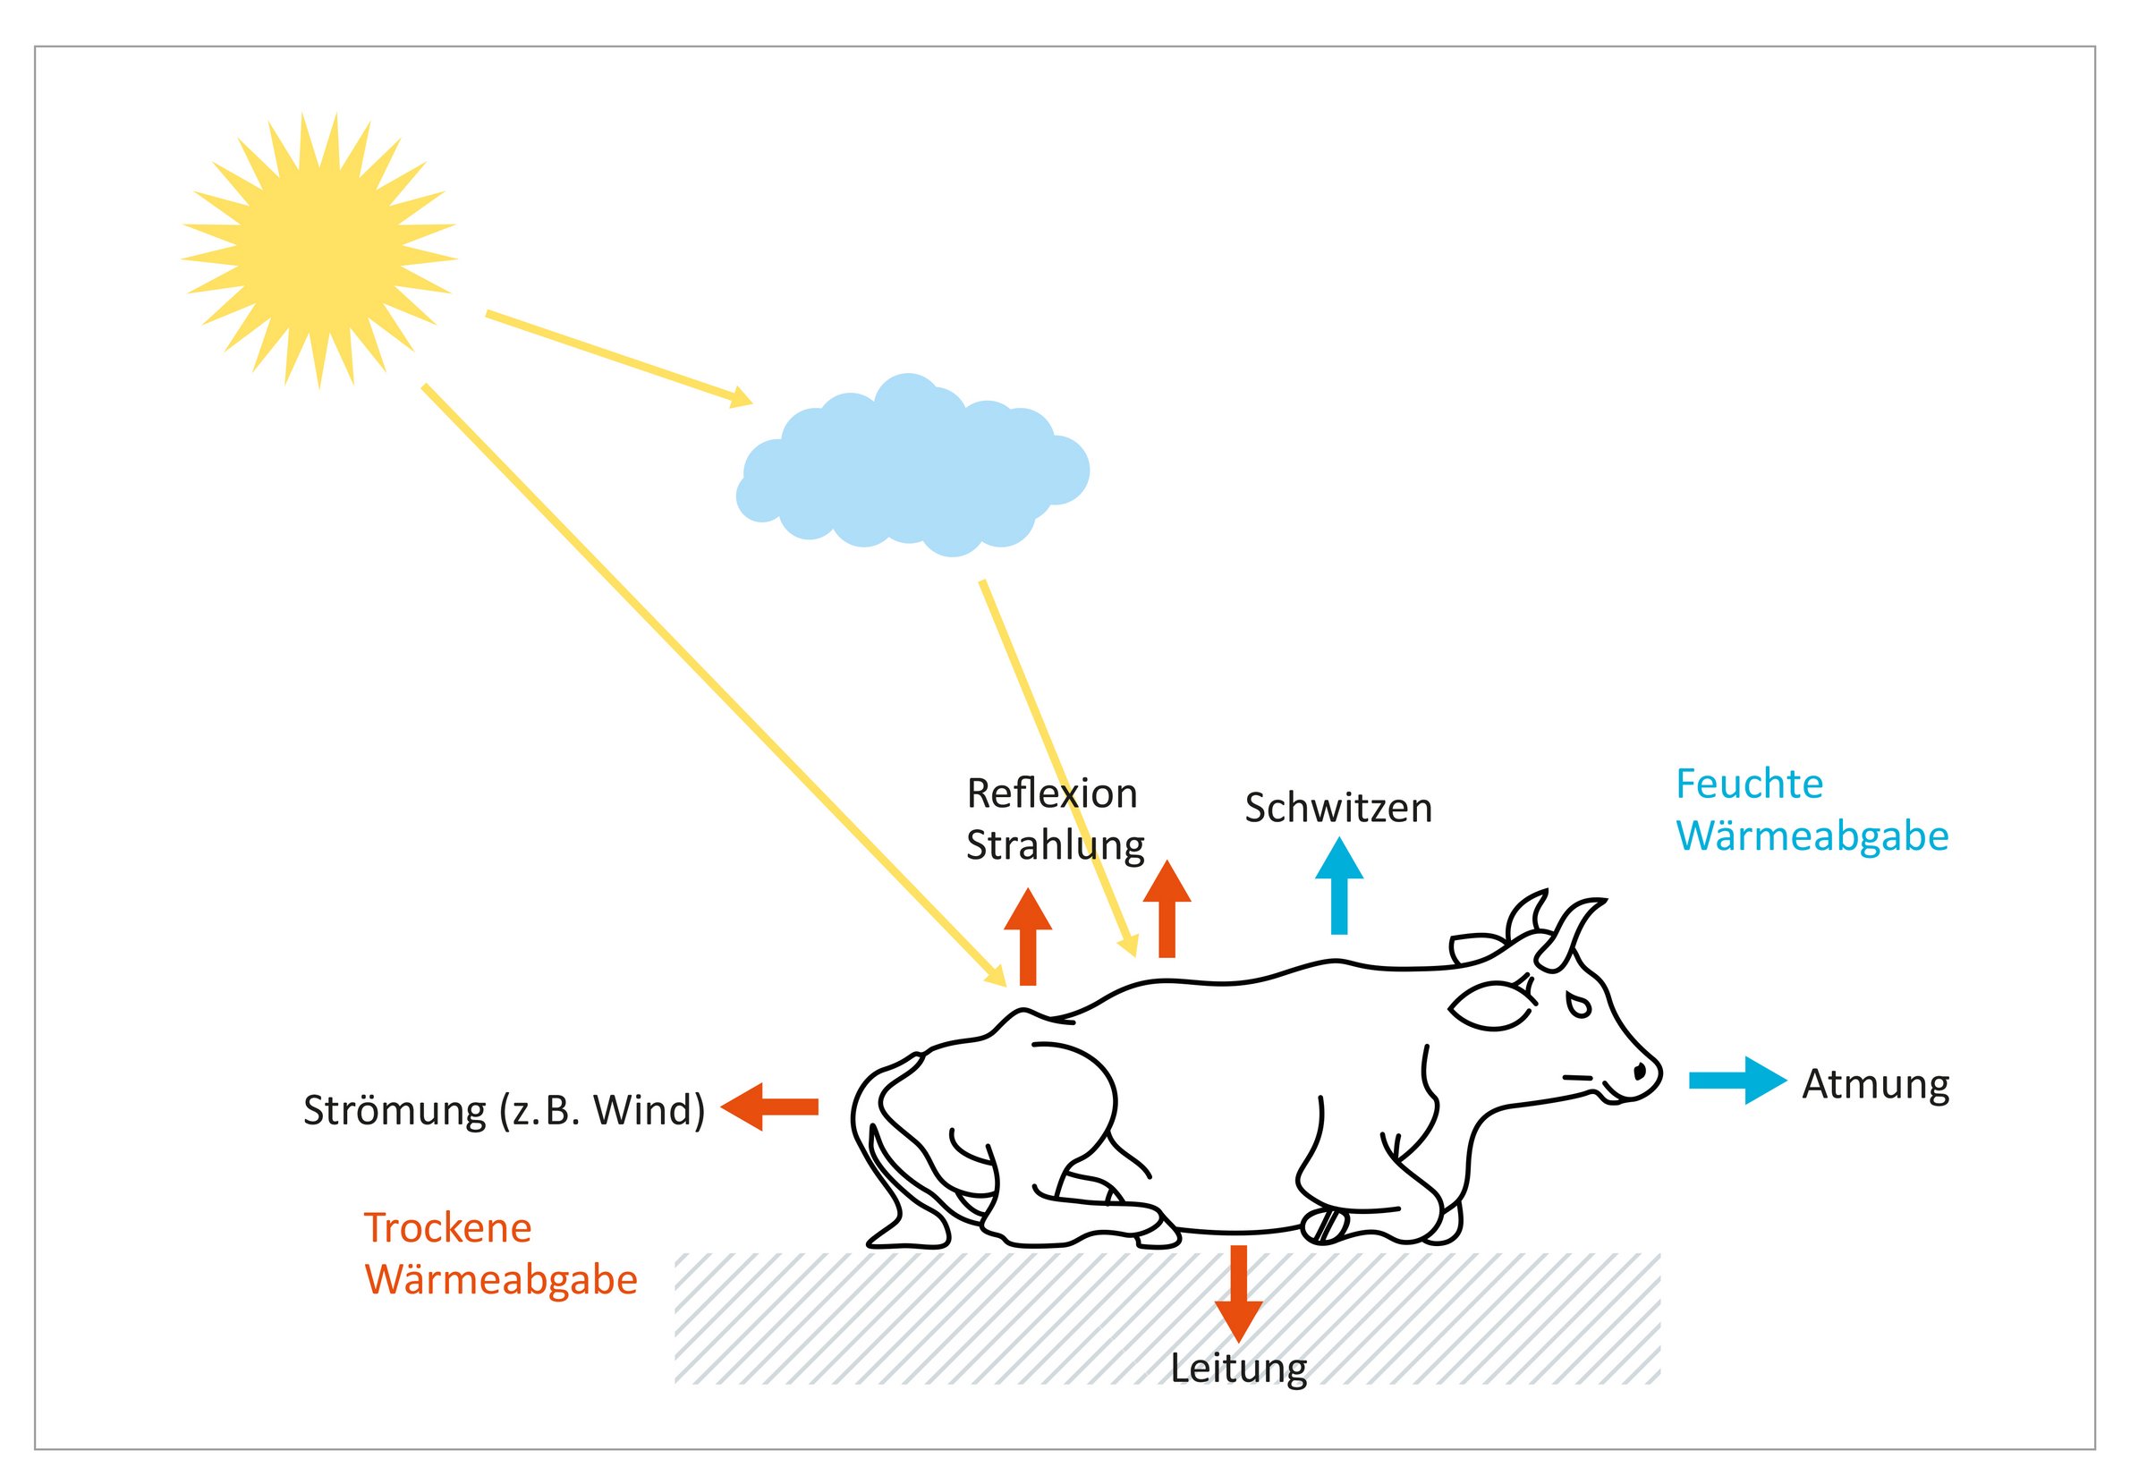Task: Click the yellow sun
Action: coord(319,250)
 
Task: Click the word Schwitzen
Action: coord(1337,808)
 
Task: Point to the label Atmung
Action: coord(1874,1085)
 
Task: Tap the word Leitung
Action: coord(1237,1369)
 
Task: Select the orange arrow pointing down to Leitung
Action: coord(1237,1293)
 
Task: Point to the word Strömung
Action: coord(395,1110)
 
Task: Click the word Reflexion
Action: coord(1052,794)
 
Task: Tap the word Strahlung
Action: coord(1055,845)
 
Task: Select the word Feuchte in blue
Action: coord(1748,784)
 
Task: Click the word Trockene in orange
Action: coord(447,1228)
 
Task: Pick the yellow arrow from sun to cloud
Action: coord(618,359)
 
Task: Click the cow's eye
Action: coord(1579,1005)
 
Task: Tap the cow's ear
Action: coord(1490,1006)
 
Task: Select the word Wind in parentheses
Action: coord(647,1110)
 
